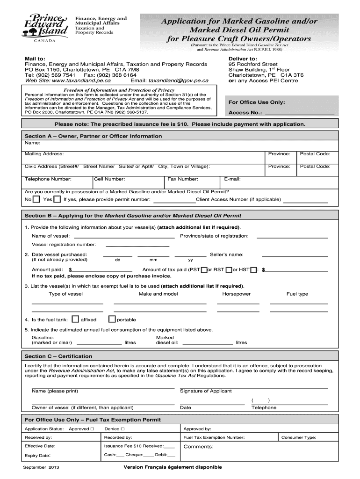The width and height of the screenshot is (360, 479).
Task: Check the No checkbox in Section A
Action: click(x=36, y=199)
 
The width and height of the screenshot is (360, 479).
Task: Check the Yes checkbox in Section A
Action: click(x=57, y=199)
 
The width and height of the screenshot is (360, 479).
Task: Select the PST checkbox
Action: click(x=204, y=269)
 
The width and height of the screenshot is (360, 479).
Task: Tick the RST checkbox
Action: click(x=229, y=269)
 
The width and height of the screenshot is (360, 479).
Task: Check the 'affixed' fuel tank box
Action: click(x=75, y=319)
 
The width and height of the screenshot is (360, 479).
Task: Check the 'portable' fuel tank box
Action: click(x=112, y=319)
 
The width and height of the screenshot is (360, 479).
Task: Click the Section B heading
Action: click(x=133, y=216)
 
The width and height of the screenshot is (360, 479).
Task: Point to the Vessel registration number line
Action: click(x=137, y=244)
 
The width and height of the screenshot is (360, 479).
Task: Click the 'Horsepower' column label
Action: click(x=236, y=294)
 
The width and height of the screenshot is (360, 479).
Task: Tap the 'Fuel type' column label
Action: click(x=297, y=294)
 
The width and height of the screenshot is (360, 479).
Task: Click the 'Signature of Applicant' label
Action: click(x=202, y=391)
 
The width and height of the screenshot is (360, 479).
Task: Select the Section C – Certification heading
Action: click(x=58, y=356)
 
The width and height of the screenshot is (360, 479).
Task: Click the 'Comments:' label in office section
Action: click(x=198, y=447)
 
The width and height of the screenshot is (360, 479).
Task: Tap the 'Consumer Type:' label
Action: click(x=298, y=438)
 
